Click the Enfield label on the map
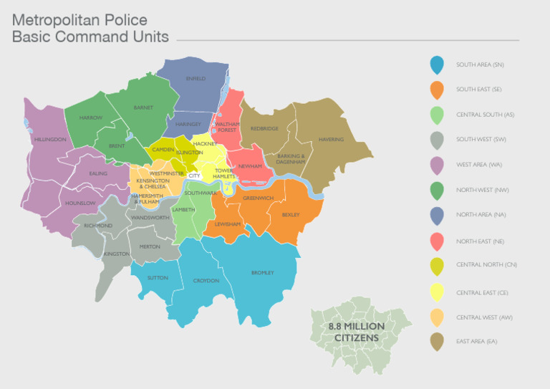(x=196, y=78)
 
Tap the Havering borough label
(x=331, y=139)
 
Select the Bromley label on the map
(x=262, y=272)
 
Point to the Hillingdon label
(x=50, y=139)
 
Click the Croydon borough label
(x=206, y=280)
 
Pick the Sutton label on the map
(x=158, y=277)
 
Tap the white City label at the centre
(x=194, y=175)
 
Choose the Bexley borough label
(x=291, y=214)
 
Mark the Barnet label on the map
(x=143, y=107)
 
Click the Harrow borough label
(x=91, y=117)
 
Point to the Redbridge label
(x=264, y=128)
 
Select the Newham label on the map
(x=250, y=165)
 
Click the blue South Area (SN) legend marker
(x=437, y=64)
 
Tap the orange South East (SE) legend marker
(x=437, y=90)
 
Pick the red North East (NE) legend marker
(x=437, y=241)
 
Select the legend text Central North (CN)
(x=486, y=264)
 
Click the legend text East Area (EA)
(x=476, y=342)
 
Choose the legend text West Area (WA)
(x=479, y=165)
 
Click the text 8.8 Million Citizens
(x=356, y=332)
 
